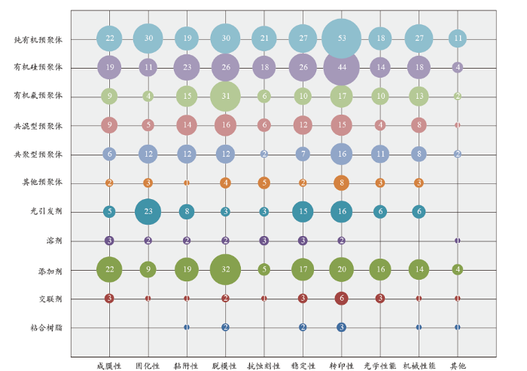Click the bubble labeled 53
[341, 38]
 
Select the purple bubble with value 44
[341, 67]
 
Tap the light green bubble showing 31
[225, 96]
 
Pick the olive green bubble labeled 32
[225, 269]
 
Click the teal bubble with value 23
[148, 212]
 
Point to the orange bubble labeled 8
[341, 182]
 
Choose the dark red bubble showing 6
[341, 299]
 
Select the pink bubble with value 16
[225, 125]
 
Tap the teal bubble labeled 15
[303, 212]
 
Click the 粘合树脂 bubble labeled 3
[341, 327]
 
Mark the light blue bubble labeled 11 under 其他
[457, 38]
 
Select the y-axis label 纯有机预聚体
[38, 38]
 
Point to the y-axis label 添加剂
[50, 270]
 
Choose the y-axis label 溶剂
[53, 241]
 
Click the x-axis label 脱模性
[225, 366]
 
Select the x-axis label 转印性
[341, 366]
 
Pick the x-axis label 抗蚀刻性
[263, 366]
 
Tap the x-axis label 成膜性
[110, 366]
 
